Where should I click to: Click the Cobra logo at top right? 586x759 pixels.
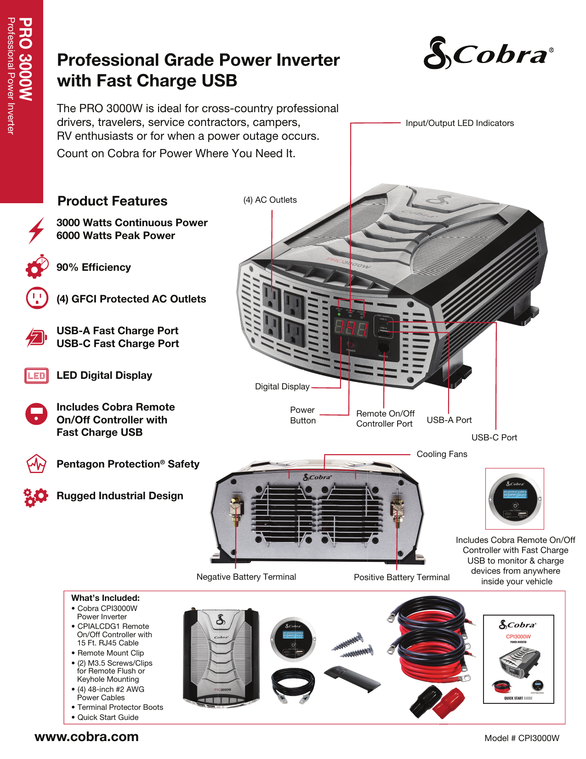488,54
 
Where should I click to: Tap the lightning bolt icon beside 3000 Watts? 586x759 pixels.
36,230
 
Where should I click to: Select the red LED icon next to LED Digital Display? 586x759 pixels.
36,376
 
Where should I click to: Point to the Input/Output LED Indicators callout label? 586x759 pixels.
459,123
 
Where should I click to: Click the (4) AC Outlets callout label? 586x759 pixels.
270,200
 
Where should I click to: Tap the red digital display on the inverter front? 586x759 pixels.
351,329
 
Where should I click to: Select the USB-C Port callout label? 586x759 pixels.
494,438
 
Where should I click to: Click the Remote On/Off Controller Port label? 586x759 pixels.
385,419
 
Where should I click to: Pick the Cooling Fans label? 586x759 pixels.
442,454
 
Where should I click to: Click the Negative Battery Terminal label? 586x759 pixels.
246,577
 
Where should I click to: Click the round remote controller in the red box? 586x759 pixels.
515,498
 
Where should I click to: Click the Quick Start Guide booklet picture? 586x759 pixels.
518,659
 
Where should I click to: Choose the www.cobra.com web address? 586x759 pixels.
86,736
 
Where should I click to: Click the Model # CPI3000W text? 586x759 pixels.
522,738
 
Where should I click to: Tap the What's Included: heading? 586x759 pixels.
105,598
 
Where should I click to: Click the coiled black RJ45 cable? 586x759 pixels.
293,685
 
